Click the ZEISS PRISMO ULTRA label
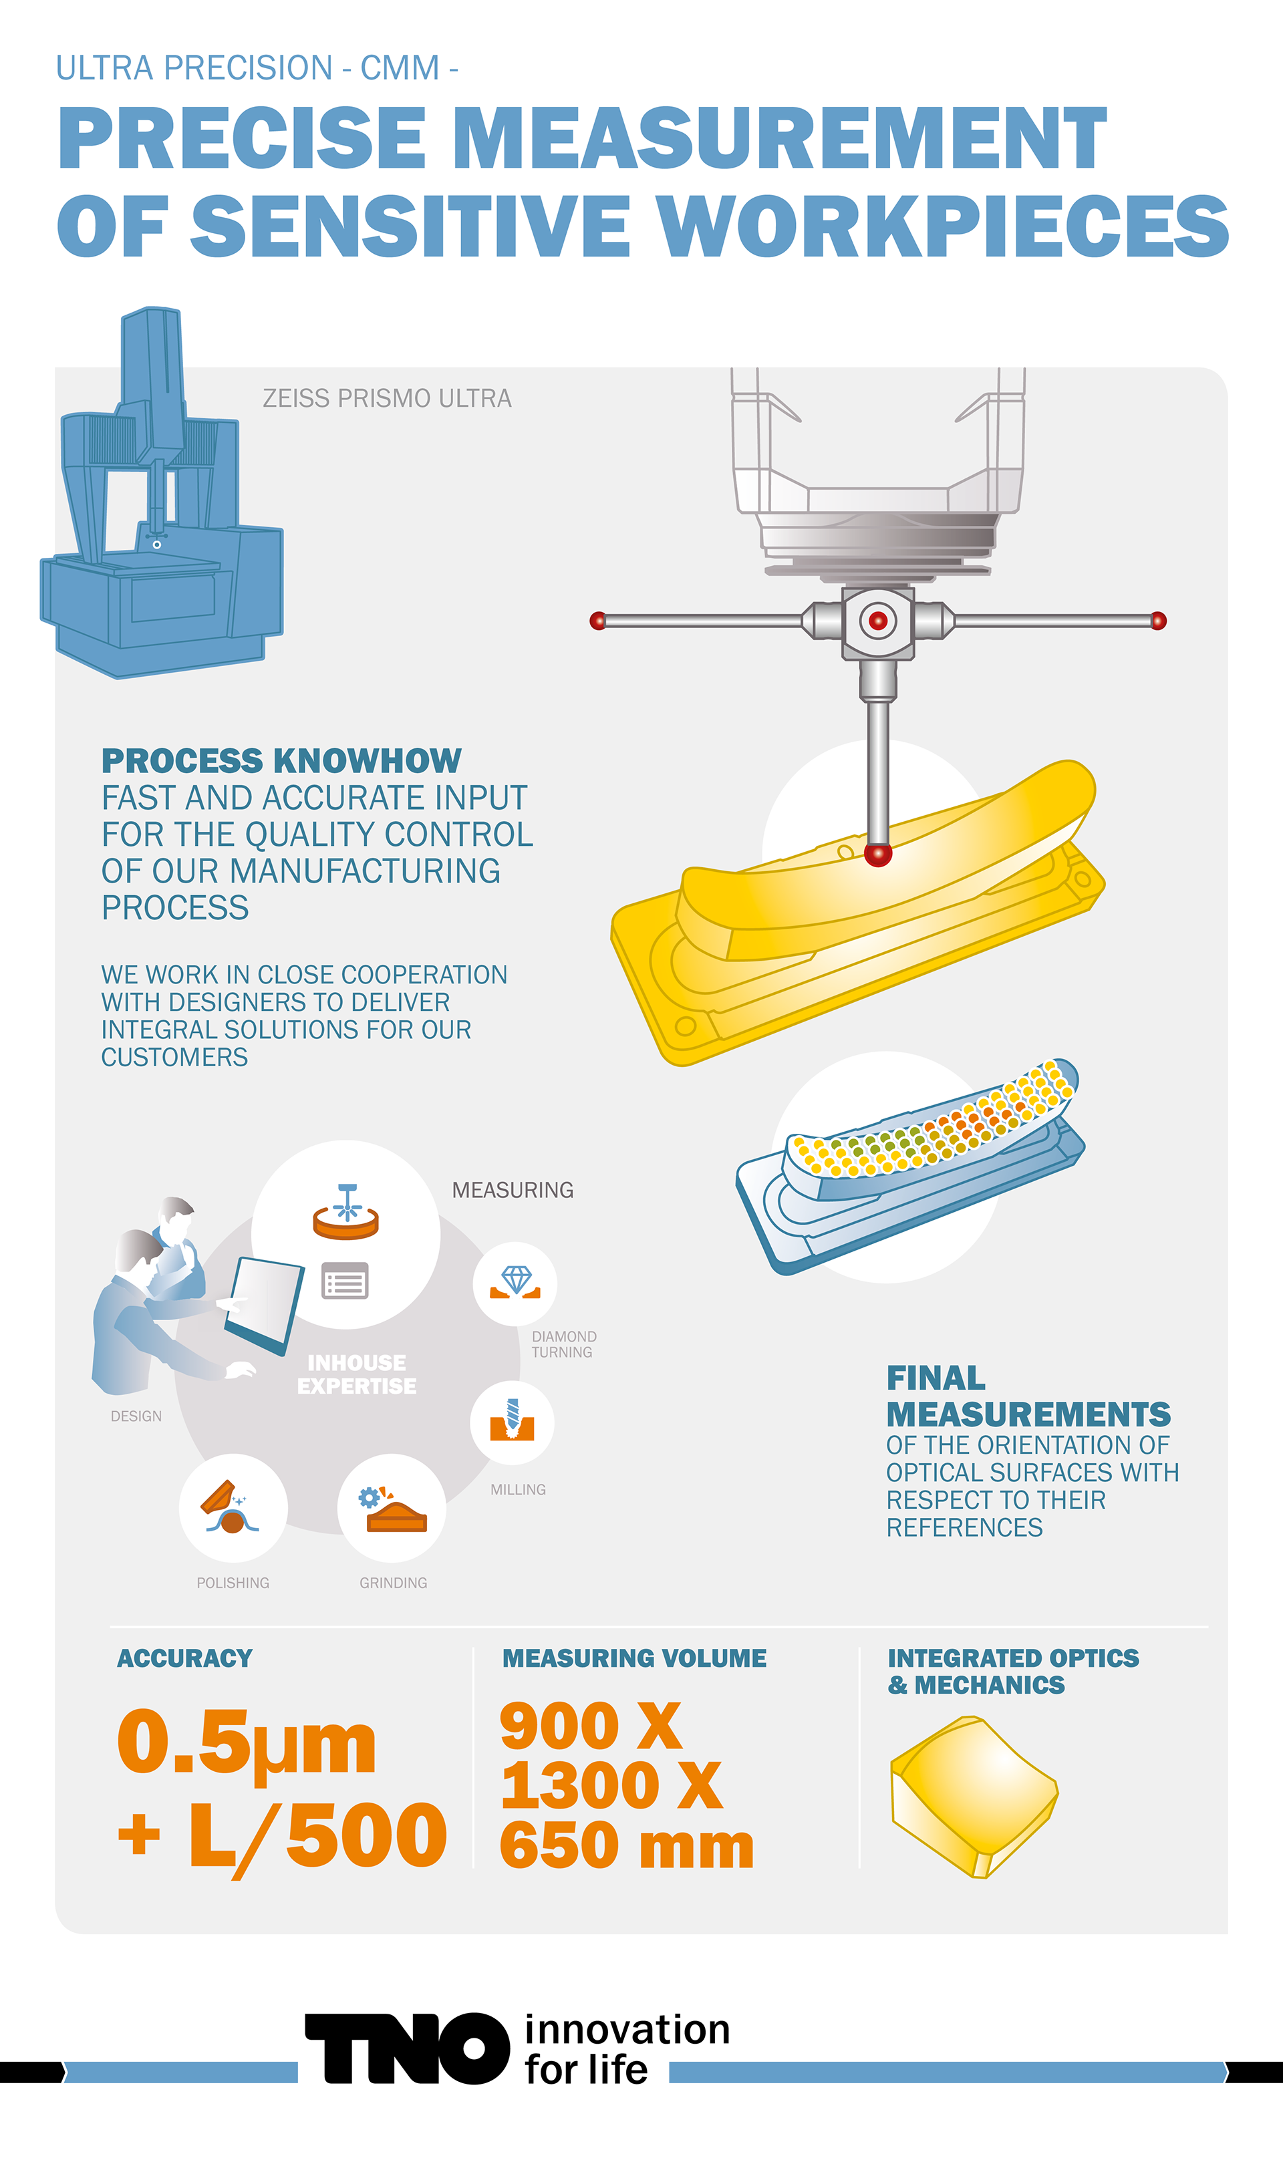click(386, 398)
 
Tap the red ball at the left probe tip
click(597, 621)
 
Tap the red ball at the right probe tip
click(1159, 621)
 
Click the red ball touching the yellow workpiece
click(877, 855)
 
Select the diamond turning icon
click(515, 1283)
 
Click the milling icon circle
click(512, 1422)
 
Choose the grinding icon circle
click(392, 1508)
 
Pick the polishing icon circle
click(233, 1508)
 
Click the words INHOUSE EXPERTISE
click(356, 1374)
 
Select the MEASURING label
click(513, 1190)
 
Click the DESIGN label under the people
click(136, 1416)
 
